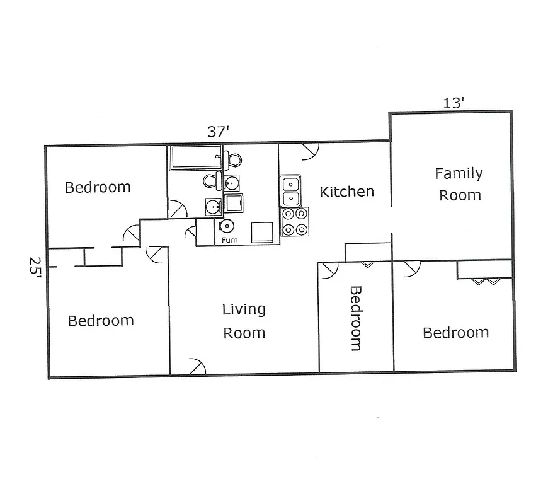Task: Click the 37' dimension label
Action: click(x=219, y=132)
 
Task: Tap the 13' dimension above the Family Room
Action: click(x=453, y=103)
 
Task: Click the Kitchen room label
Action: click(x=346, y=192)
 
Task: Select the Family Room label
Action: click(x=459, y=184)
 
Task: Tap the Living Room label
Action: click(x=244, y=321)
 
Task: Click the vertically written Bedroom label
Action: click(x=356, y=318)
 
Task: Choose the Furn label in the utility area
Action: click(x=229, y=239)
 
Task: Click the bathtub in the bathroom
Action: click(x=195, y=158)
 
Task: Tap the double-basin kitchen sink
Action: click(x=290, y=191)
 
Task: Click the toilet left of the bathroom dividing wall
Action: click(x=211, y=181)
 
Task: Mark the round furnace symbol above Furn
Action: click(x=227, y=226)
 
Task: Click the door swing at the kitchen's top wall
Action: click(x=310, y=150)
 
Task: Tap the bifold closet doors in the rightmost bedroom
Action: click(x=484, y=281)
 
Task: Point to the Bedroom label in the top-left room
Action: click(x=98, y=187)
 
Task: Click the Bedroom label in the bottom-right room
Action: click(x=455, y=333)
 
